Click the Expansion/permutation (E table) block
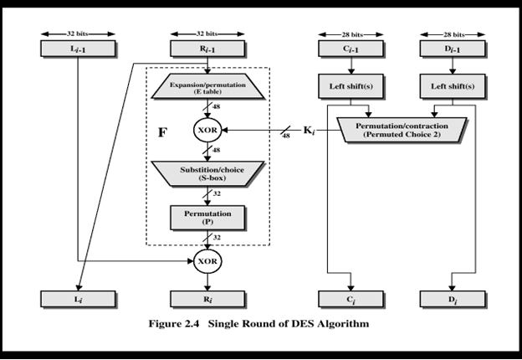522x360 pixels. tap(207, 89)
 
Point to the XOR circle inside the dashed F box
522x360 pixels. tap(207, 131)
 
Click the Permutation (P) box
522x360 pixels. tap(207, 217)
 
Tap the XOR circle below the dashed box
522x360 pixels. tap(207, 260)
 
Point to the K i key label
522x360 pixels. tap(310, 131)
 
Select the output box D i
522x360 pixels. tap(453, 299)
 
